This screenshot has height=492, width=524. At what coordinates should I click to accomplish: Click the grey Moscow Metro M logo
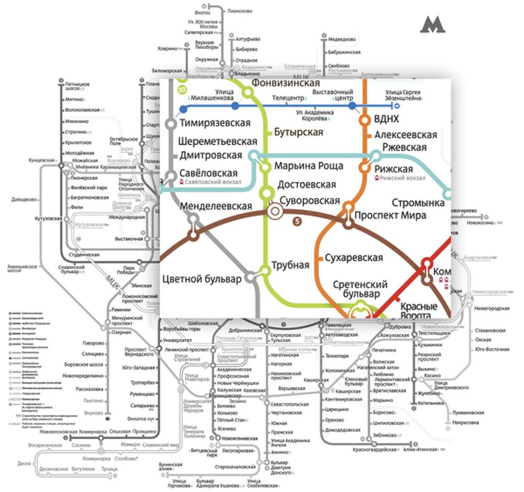(x=433, y=25)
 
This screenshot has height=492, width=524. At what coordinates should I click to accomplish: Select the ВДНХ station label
(x=388, y=119)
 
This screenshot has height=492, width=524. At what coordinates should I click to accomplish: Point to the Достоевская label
(x=307, y=185)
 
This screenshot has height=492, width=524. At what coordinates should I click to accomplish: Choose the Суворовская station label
(x=310, y=200)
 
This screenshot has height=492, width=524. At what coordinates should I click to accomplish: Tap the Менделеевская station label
(x=216, y=206)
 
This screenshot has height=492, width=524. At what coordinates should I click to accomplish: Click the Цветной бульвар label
(x=202, y=279)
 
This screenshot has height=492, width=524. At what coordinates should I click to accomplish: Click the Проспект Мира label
(x=390, y=215)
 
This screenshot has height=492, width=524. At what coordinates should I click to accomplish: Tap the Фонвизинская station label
(x=286, y=83)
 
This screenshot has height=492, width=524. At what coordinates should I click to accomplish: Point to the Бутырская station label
(x=298, y=132)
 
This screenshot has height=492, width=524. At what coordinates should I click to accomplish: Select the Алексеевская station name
(x=406, y=135)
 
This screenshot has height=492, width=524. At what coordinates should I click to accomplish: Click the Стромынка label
(x=418, y=203)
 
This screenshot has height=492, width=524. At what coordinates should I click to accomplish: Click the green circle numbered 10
(x=182, y=90)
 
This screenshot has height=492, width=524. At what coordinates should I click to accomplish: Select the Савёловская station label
(x=209, y=173)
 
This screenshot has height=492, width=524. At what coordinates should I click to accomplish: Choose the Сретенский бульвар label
(x=360, y=289)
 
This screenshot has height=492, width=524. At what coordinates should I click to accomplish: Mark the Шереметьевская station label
(x=217, y=142)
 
